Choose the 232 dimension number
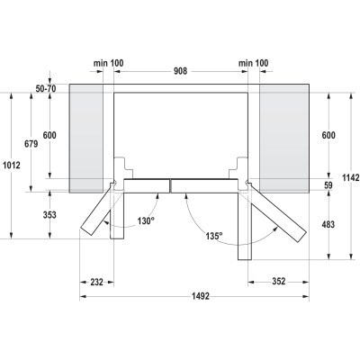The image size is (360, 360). click(95, 282)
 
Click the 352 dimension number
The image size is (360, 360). click(280, 282)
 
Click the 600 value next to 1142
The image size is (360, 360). click(328, 136)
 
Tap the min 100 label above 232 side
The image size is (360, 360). click(107, 64)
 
